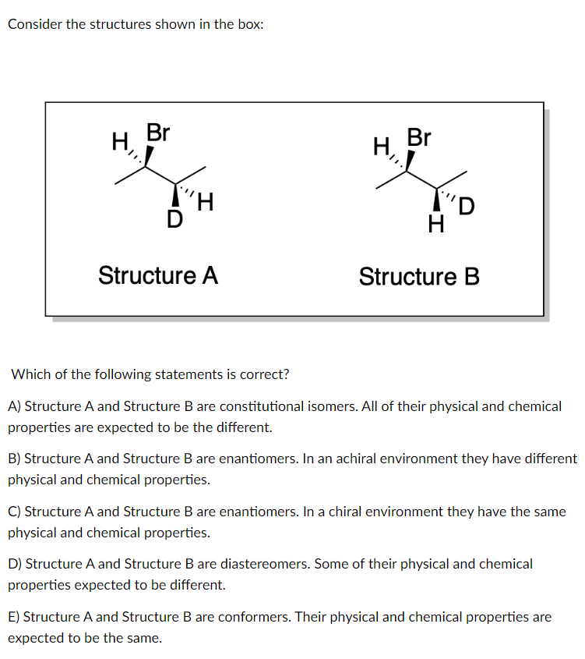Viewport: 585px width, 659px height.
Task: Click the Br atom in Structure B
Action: click(419, 137)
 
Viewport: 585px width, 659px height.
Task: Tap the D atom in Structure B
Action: click(466, 207)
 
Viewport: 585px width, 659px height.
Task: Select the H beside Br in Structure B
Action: click(381, 146)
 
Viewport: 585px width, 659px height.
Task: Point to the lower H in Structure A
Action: click(206, 204)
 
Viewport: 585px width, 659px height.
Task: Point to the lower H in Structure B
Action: click(436, 225)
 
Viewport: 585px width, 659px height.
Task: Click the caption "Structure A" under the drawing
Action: click(158, 275)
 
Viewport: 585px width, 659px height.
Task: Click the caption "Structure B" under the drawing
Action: click(419, 277)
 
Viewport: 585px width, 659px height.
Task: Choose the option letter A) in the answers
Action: click(15, 406)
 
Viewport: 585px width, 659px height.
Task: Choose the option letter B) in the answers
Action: click(15, 459)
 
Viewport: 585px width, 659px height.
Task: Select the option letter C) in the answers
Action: click(15, 512)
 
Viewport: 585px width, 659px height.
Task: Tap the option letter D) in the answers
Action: click(15, 563)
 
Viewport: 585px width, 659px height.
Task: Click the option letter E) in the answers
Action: click(15, 617)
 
